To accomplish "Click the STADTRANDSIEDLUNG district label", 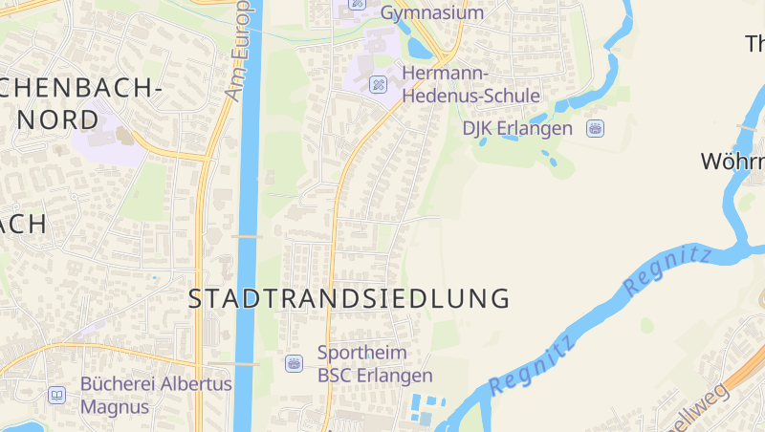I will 349,298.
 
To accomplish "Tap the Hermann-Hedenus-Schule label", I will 470,85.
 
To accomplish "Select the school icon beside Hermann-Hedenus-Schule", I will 379,84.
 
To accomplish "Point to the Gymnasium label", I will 431,12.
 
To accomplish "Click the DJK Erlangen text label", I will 517,128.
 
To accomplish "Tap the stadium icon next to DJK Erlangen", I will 596,128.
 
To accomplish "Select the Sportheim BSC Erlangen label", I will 375,364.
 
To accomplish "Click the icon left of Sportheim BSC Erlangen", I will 295,363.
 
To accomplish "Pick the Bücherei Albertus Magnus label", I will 156,395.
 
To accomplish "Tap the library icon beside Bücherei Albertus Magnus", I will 57,395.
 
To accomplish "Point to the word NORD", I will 56,120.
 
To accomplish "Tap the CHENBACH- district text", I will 81,88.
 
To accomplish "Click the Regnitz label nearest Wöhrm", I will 667,270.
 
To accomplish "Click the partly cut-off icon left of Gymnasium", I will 358,3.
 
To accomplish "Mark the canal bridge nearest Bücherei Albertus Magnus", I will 247,363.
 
